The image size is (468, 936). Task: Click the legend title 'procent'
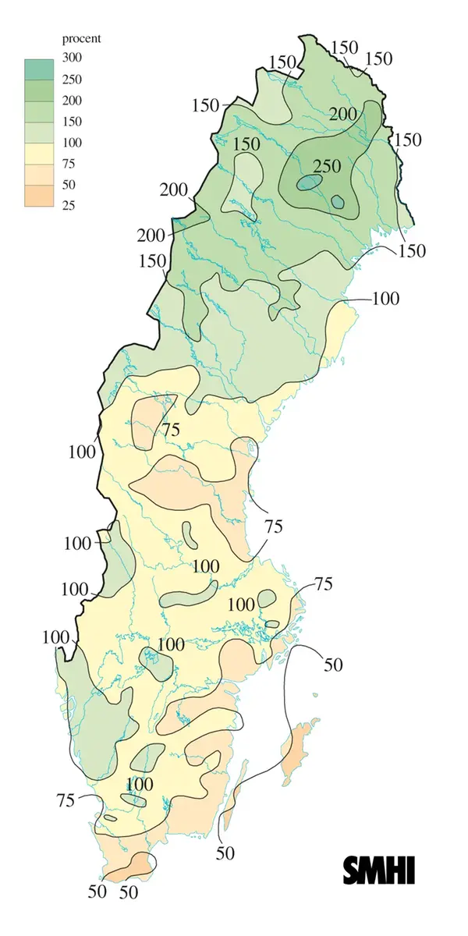click(x=82, y=37)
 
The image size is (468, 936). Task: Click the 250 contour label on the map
click(x=328, y=165)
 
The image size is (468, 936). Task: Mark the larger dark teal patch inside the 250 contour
click(x=309, y=183)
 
